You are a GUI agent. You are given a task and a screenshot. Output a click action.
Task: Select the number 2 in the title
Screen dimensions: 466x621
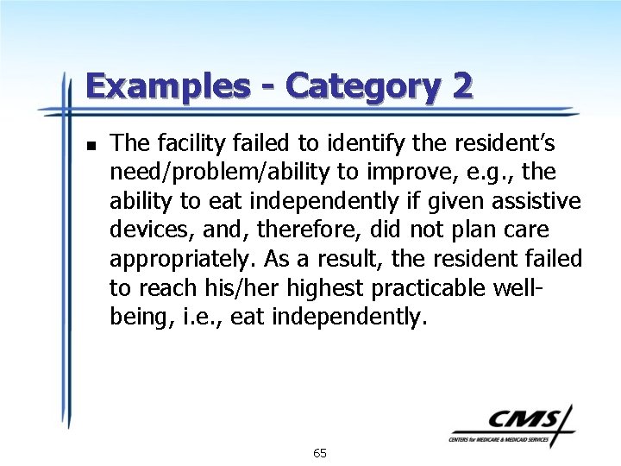[x=461, y=87]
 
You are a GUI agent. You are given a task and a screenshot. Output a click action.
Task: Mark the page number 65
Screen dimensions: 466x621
[x=320, y=453]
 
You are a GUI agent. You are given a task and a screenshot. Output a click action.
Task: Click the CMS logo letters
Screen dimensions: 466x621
[x=523, y=420]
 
